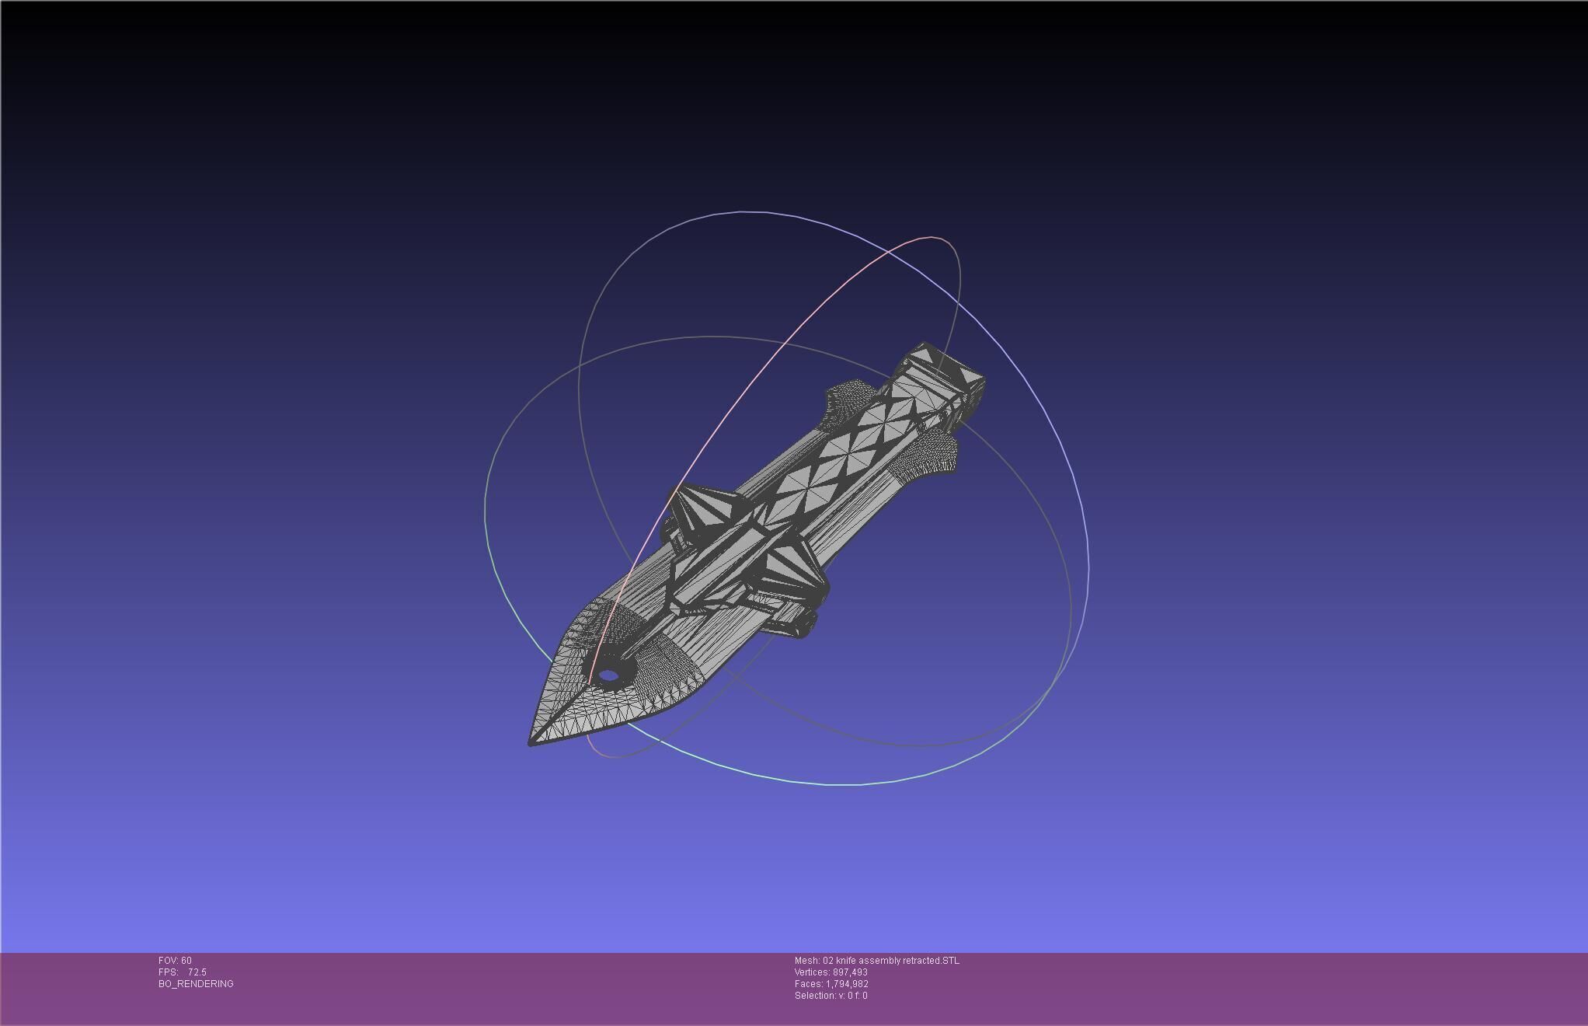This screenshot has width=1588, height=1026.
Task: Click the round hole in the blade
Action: click(x=609, y=675)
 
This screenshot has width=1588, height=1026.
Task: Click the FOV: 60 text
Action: click(x=175, y=961)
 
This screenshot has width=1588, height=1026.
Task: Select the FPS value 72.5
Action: click(x=197, y=972)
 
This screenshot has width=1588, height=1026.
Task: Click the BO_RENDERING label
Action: click(x=196, y=984)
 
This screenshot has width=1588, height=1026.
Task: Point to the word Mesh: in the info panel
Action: click(x=806, y=961)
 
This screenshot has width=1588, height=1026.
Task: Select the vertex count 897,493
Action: click(x=850, y=972)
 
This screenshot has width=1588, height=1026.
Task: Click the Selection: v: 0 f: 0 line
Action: click(x=831, y=996)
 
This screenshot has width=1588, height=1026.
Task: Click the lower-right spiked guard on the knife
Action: click(x=792, y=571)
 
